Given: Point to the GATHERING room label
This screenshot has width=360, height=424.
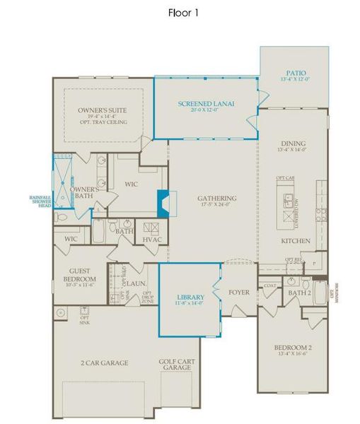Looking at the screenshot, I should [216, 198].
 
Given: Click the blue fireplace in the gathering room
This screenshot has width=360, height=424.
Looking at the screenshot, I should [163, 204].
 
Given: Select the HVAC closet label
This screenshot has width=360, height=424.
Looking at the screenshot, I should [153, 240].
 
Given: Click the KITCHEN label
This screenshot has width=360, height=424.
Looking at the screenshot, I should [292, 241].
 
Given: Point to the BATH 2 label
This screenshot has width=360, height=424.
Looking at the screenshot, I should [300, 291].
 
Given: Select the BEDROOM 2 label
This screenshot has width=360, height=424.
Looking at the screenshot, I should [291, 348].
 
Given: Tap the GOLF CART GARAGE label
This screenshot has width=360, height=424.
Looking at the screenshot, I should [175, 365].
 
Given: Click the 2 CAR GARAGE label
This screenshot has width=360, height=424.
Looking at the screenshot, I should [104, 363].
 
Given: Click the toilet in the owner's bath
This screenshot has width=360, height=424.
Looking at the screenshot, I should [62, 220].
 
